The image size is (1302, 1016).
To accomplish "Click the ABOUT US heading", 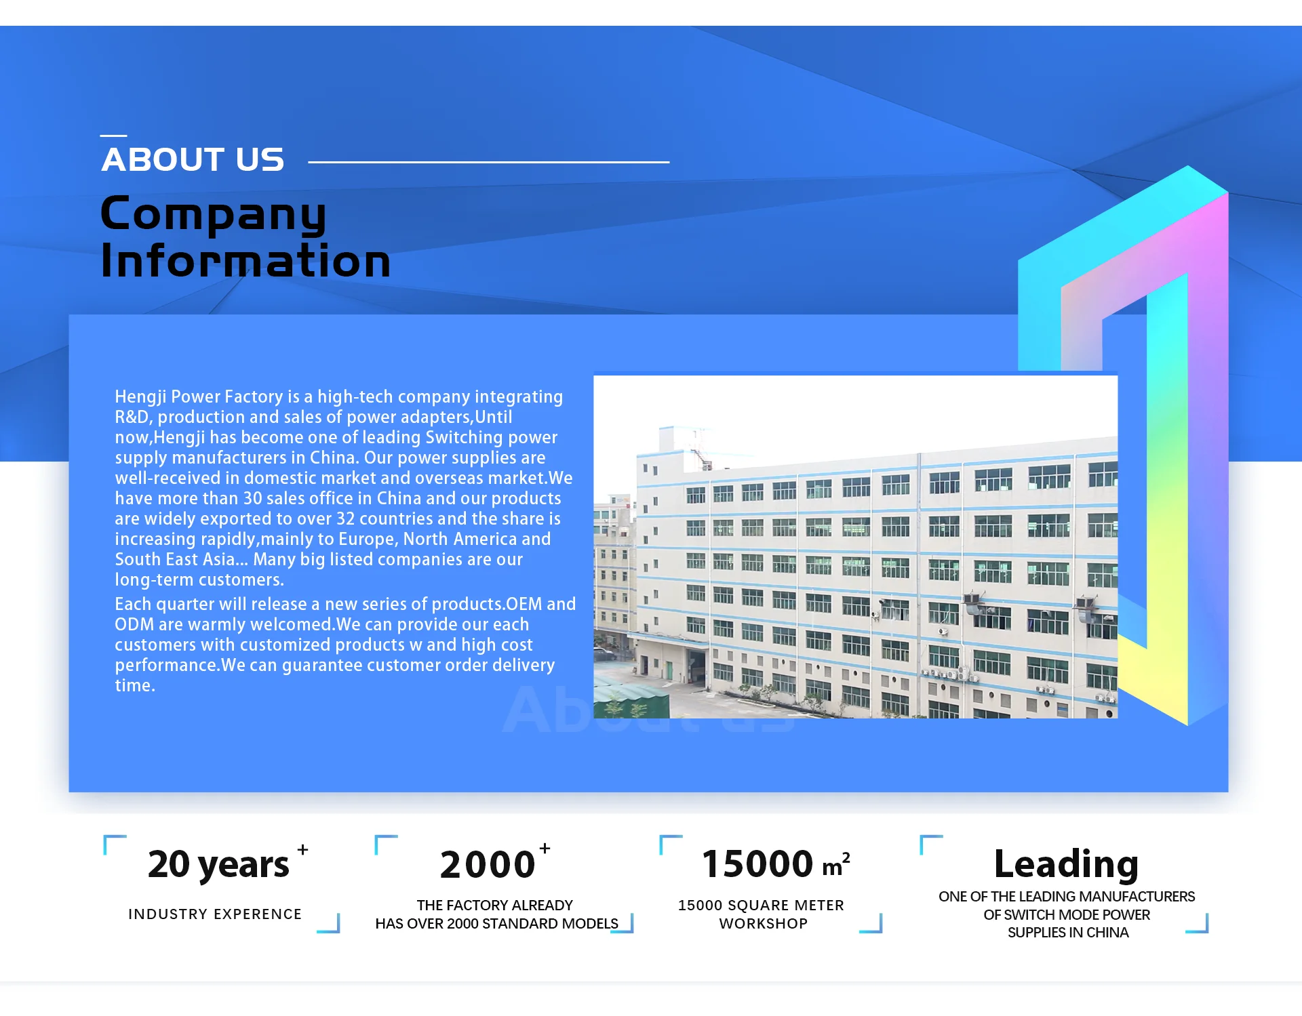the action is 193,160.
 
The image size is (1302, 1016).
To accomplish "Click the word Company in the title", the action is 214,214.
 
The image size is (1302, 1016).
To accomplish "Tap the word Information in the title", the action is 245,260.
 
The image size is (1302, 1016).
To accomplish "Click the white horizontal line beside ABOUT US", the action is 488,162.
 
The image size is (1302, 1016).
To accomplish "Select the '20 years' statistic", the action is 218,865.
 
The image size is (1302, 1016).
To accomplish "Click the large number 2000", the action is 488,865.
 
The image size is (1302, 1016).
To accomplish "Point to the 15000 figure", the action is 757,864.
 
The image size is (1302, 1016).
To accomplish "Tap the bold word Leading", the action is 1066,865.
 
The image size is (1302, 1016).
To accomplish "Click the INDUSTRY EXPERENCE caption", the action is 215,914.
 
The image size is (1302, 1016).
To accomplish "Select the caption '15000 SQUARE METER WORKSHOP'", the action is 762,914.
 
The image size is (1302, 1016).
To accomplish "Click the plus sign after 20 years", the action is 302,849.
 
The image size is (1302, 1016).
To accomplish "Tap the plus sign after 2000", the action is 545,848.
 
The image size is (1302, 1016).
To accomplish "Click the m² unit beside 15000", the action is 836,865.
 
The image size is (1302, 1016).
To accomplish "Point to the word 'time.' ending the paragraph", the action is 135,685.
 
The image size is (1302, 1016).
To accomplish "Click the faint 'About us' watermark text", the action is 648,710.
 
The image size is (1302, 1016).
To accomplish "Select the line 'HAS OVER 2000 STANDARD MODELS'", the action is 496,924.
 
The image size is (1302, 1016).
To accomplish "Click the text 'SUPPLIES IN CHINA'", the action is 1068,933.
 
